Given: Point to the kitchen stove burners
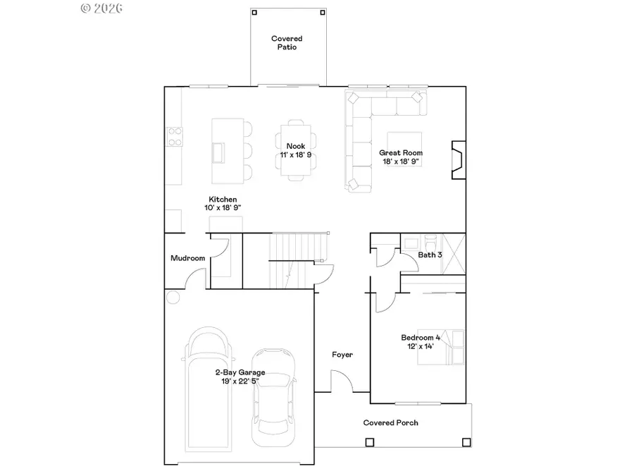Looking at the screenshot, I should point(173,135).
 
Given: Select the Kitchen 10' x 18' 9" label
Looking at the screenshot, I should point(222,204).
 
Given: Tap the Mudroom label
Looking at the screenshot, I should point(187,258).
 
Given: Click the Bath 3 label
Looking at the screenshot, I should point(430,254).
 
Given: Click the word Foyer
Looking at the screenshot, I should point(342,355).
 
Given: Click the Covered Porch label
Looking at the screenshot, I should point(390,422).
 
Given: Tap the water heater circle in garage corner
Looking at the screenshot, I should point(173,298).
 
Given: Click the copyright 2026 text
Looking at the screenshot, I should point(102,8).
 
